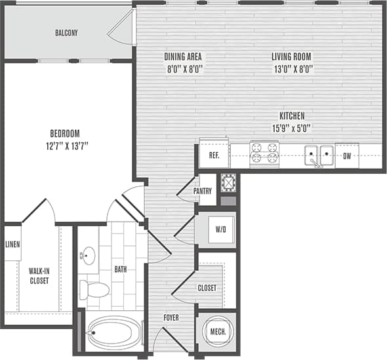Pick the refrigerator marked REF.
click(x=214, y=156)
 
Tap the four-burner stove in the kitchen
click(x=264, y=155)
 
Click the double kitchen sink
click(x=318, y=156)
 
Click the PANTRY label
click(x=211, y=191)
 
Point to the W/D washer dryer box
click(x=220, y=230)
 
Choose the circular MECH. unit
click(x=218, y=332)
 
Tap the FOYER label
click(x=170, y=318)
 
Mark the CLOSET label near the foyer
click(x=207, y=287)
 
